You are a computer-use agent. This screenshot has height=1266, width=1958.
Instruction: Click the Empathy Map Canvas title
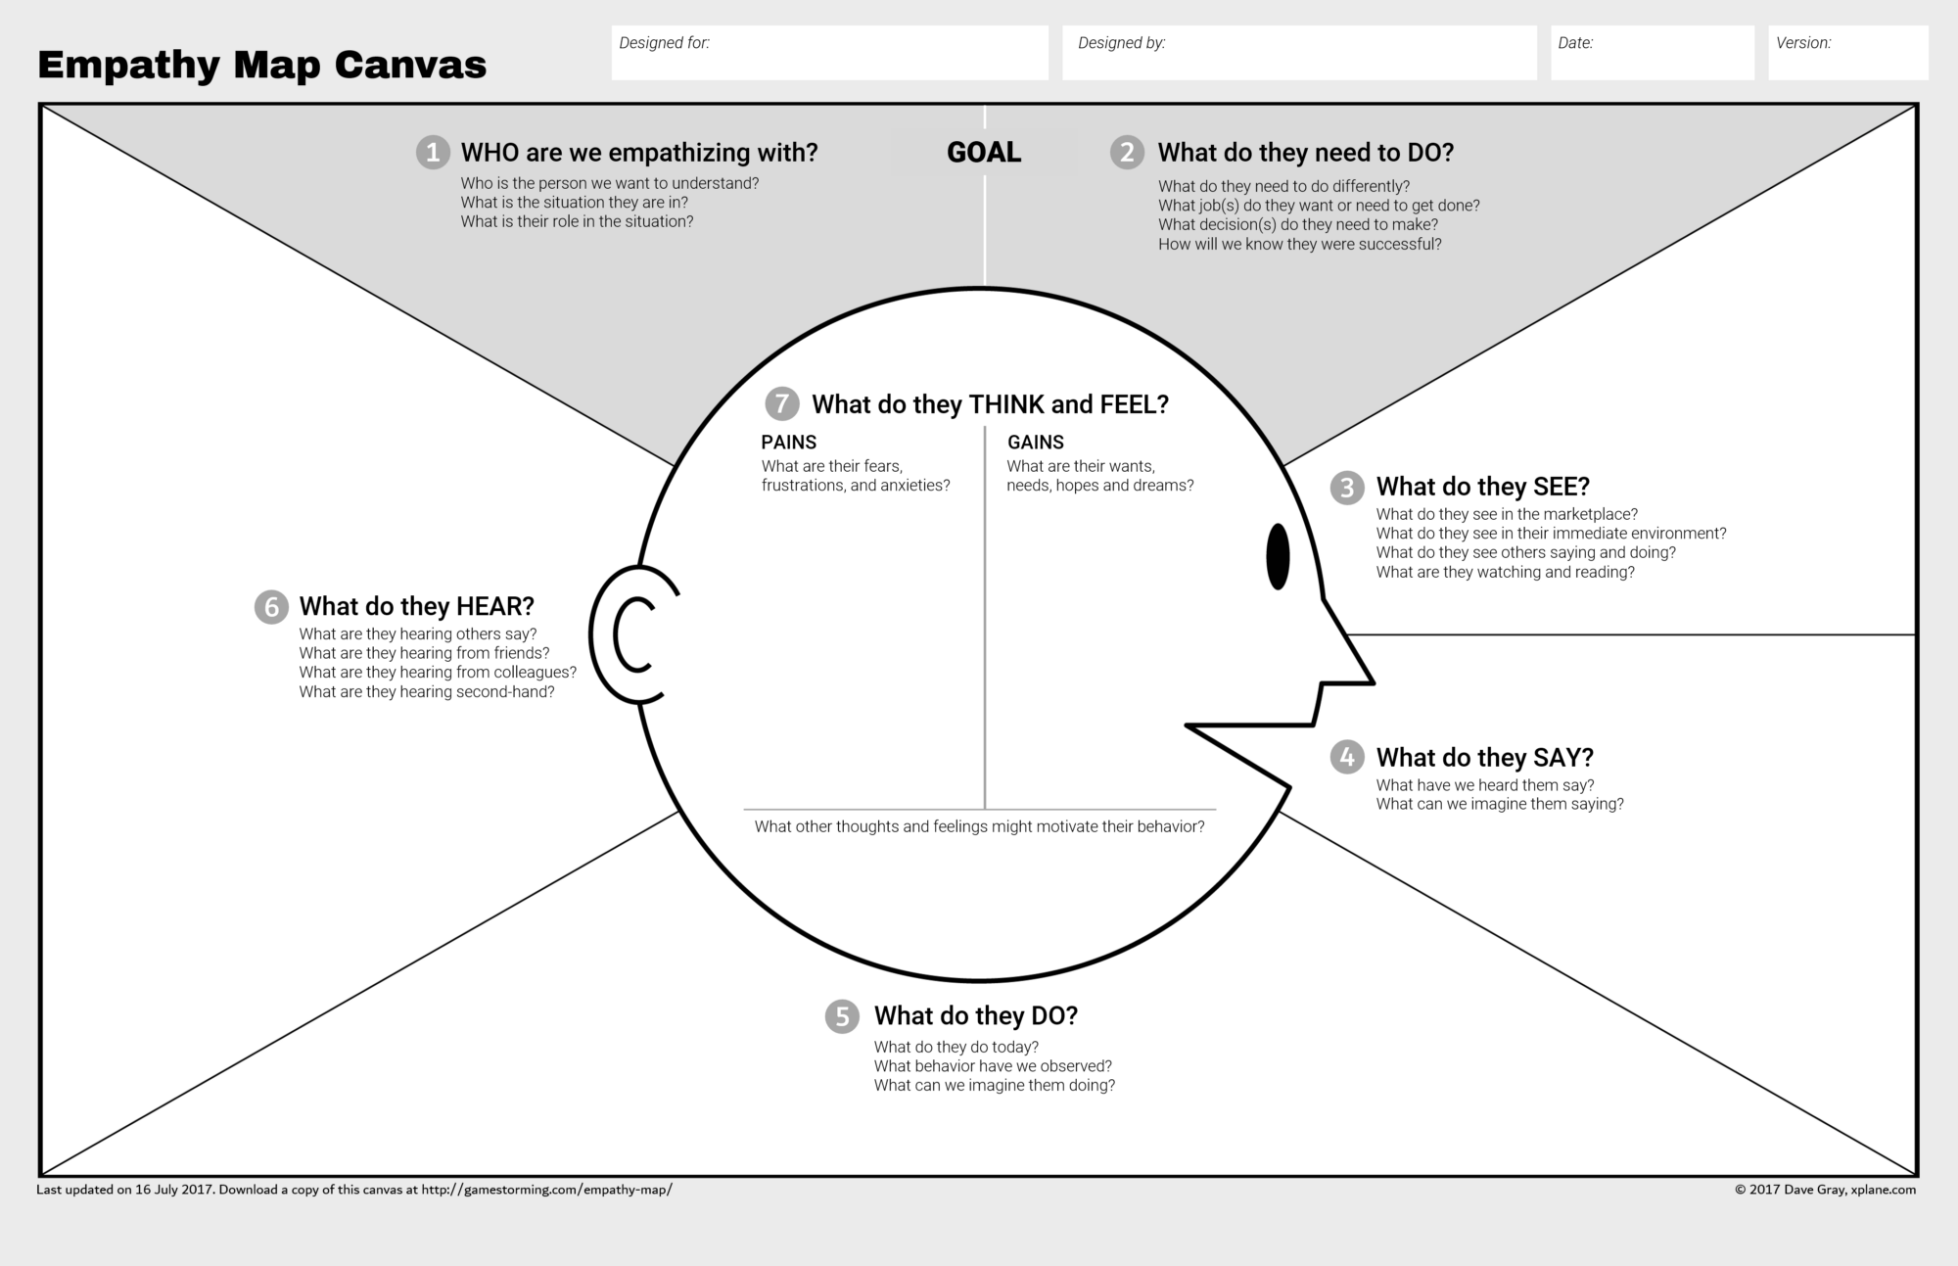[261, 65]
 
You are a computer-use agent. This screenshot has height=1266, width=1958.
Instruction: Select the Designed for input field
[829, 53]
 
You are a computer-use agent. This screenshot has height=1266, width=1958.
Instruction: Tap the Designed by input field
[1298, 53]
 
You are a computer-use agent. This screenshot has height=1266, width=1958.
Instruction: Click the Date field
[1652, 53]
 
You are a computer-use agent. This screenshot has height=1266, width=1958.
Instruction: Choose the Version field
[1847, 53]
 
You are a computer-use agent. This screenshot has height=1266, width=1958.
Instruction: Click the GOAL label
[984, 153]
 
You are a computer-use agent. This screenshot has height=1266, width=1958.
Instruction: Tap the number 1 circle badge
[433, 153]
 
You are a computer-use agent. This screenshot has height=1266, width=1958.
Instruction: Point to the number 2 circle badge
[1127, 153]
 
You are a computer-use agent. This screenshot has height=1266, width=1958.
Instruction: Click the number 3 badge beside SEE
[1347, 488]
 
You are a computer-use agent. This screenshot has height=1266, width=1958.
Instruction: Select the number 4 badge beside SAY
[1347, 757]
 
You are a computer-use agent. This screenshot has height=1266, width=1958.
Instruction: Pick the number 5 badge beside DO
[842, 1016]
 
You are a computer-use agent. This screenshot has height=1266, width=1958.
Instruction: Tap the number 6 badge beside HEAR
[271, 607]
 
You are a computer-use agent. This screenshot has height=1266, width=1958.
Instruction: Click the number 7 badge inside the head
[781, 403]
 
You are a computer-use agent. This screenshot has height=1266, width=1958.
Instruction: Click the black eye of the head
[1278, 556]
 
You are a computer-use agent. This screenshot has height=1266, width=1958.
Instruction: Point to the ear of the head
[631, 634]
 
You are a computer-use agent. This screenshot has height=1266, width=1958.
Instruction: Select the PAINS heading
[788, 443]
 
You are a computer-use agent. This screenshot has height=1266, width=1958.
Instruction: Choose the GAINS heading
[1035, 443]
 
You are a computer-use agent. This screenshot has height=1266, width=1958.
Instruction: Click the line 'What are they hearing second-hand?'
[427, 692]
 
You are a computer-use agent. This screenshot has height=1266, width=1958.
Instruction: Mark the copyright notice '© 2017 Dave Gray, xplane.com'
[1825, 1190]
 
